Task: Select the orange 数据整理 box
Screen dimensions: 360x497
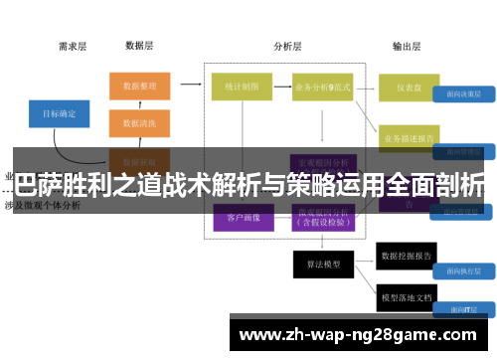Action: point(139,87)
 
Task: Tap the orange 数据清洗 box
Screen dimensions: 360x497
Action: point(139,123)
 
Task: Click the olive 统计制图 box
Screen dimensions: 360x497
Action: point(242,87)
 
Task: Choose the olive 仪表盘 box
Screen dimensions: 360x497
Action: point(409,87)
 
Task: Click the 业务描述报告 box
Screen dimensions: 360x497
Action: point(409,138)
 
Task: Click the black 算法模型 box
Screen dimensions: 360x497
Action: point(323,264)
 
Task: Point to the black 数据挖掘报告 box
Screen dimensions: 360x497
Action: point(409,258)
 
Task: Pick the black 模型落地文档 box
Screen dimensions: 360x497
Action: point(409,295)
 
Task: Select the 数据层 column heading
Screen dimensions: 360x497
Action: point(139,46)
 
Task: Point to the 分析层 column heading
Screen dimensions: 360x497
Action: point(288,46)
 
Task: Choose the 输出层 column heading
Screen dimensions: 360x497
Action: point(407,46)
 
